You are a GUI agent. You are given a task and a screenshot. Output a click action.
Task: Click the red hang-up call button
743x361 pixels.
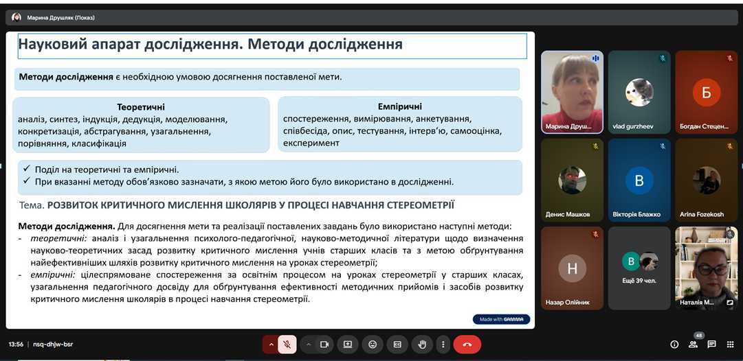467,345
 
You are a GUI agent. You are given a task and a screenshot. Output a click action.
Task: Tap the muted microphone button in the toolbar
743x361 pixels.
287,345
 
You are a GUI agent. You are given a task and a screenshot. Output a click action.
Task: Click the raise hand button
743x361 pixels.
422,345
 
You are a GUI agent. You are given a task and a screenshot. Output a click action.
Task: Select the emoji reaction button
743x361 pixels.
373,345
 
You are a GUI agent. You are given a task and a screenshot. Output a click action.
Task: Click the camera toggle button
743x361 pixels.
324,345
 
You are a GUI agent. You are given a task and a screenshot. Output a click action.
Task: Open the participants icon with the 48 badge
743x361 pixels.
694,344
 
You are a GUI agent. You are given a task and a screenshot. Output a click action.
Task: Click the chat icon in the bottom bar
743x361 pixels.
711,345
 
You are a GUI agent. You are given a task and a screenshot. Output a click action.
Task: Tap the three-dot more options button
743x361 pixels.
443,345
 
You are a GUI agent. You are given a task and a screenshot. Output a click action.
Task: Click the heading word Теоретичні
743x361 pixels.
141,107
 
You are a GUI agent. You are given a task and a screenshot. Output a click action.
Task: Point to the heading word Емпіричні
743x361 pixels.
400,106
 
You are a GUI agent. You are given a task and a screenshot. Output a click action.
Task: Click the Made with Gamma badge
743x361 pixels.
501,319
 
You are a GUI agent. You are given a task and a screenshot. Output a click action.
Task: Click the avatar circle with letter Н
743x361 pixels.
573,269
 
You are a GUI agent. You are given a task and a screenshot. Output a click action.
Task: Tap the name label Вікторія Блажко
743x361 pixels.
639,214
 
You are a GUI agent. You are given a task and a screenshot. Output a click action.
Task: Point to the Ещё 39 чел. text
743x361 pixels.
639,281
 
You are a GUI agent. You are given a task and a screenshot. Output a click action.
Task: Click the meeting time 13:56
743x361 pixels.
16,345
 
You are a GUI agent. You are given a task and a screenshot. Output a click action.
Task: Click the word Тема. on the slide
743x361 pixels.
33,205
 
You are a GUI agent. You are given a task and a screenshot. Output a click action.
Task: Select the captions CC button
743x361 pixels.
397,345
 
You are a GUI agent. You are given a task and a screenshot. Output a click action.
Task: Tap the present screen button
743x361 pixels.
347,345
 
